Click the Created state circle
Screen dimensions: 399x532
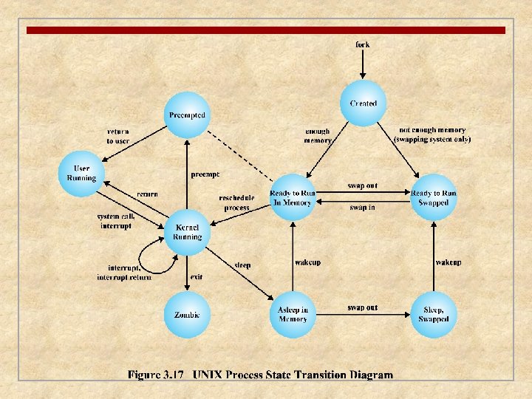point(363,104)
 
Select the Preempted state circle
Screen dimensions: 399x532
point(187,115)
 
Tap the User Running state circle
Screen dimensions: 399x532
point(81,173)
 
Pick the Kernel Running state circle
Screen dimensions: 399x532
point(187,233)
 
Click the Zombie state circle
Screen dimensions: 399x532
point(187,315)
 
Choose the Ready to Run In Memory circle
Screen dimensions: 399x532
point(293,197)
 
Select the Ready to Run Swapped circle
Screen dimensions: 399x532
point(434,197)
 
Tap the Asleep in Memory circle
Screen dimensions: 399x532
point(293,314)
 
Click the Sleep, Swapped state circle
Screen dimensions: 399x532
point(434,314)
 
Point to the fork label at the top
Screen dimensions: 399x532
point(362,45)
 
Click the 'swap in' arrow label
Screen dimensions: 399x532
point(362,208)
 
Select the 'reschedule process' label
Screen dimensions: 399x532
point(236,202)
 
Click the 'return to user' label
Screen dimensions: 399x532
point(118,136)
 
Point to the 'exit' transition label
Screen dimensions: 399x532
point(197,277)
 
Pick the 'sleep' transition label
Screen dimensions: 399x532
point(242,265)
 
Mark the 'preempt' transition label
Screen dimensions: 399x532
point(205,175)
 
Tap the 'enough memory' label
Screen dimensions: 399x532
point(318,136)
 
